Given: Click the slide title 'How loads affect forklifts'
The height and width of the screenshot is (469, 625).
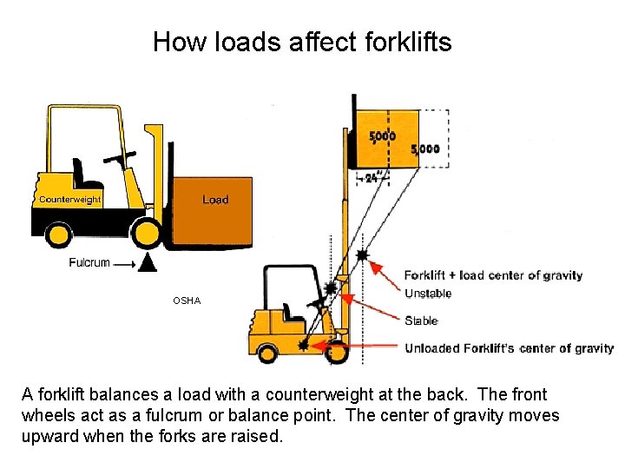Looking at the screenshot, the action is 302,42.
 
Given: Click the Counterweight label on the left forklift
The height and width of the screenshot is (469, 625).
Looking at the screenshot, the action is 69,200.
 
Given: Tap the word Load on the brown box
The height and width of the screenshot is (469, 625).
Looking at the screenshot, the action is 215,200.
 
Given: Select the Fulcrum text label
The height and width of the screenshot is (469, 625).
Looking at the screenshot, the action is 89,262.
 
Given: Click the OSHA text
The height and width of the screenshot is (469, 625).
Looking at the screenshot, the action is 186,301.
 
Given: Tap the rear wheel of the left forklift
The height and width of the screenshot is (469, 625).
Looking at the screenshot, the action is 58,233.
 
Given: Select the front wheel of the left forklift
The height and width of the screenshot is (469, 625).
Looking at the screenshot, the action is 146,232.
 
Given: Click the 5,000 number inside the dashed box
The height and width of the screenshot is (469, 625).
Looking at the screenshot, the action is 425,149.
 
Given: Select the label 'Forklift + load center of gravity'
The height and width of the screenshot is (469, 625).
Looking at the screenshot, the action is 493,276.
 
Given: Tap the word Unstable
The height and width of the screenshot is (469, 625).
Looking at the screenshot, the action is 428,294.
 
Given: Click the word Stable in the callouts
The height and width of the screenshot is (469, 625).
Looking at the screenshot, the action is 421,320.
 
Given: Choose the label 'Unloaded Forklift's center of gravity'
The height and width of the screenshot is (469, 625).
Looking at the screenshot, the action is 510,348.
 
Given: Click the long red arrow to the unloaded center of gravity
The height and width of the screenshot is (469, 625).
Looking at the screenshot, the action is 356,347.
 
